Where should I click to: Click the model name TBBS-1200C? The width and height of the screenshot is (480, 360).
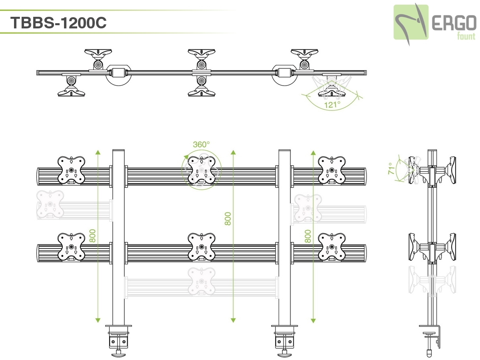[59, 22]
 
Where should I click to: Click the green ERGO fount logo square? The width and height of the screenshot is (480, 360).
[411, 22]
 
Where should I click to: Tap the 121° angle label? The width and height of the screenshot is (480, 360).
[332, 104]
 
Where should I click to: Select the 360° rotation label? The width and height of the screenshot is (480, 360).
[201, 144]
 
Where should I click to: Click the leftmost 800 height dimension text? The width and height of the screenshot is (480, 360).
[92, 236]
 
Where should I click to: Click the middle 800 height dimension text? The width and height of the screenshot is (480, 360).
[228, 218]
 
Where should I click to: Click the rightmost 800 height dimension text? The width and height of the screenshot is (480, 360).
[308, 236]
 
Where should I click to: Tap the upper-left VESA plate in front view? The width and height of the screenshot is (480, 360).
[71, 170]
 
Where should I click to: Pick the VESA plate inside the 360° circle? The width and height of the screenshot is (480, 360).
[202, 170]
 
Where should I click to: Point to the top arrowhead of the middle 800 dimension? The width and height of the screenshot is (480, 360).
[233, 152]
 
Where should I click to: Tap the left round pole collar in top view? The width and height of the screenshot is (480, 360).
[118, 74]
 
